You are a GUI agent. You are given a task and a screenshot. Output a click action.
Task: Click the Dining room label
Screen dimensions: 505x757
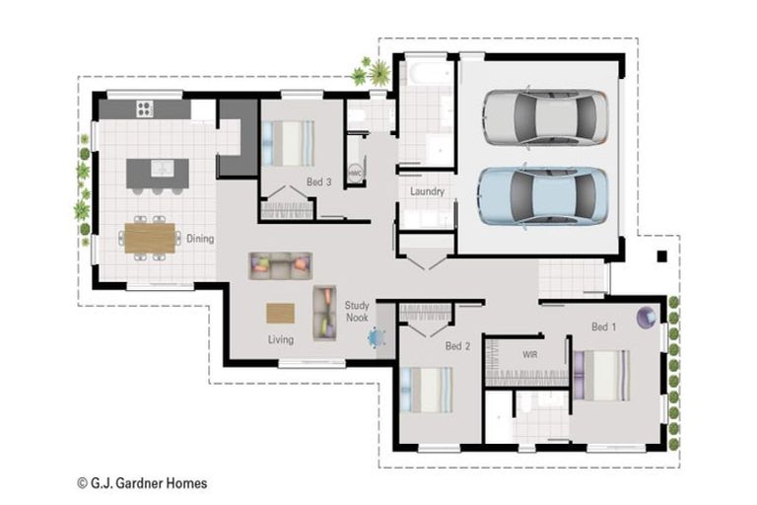pyautogui.click(x=200, y=239)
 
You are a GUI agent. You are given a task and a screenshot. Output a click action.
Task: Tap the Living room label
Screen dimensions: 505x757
pyautogui.click(x=281, y=340)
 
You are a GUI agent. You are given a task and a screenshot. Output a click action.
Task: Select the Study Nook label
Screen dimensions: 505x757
pyautogui.click(x=356, y=312)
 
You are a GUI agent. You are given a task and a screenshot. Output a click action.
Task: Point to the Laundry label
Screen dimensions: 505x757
pyautogui.click(x=427, y=191)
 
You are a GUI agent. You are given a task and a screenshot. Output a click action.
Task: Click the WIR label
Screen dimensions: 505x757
pyautogui.click(x=529, y=352)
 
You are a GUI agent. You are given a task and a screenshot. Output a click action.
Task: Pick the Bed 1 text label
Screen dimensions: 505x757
pyautogui.click(x=603, y=326)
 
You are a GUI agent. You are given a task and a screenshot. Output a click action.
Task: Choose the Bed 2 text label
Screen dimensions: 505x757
pyautogui.click(x=457, y=346)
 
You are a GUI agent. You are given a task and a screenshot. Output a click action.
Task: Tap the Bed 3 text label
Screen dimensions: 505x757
pyautogui.click(x=318, y=181)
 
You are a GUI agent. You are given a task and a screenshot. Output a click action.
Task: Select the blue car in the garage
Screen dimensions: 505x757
pyautogui.click(x=542, y=194)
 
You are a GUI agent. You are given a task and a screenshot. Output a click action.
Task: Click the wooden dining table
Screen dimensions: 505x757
pyautogui.click(x=150, y=238)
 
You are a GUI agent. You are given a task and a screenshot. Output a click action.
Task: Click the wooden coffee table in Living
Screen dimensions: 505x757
pyautogui.click(x=280, y=313)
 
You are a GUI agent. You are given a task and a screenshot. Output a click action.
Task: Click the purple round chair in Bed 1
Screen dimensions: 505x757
pyautogui.click(x=647, y=316)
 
